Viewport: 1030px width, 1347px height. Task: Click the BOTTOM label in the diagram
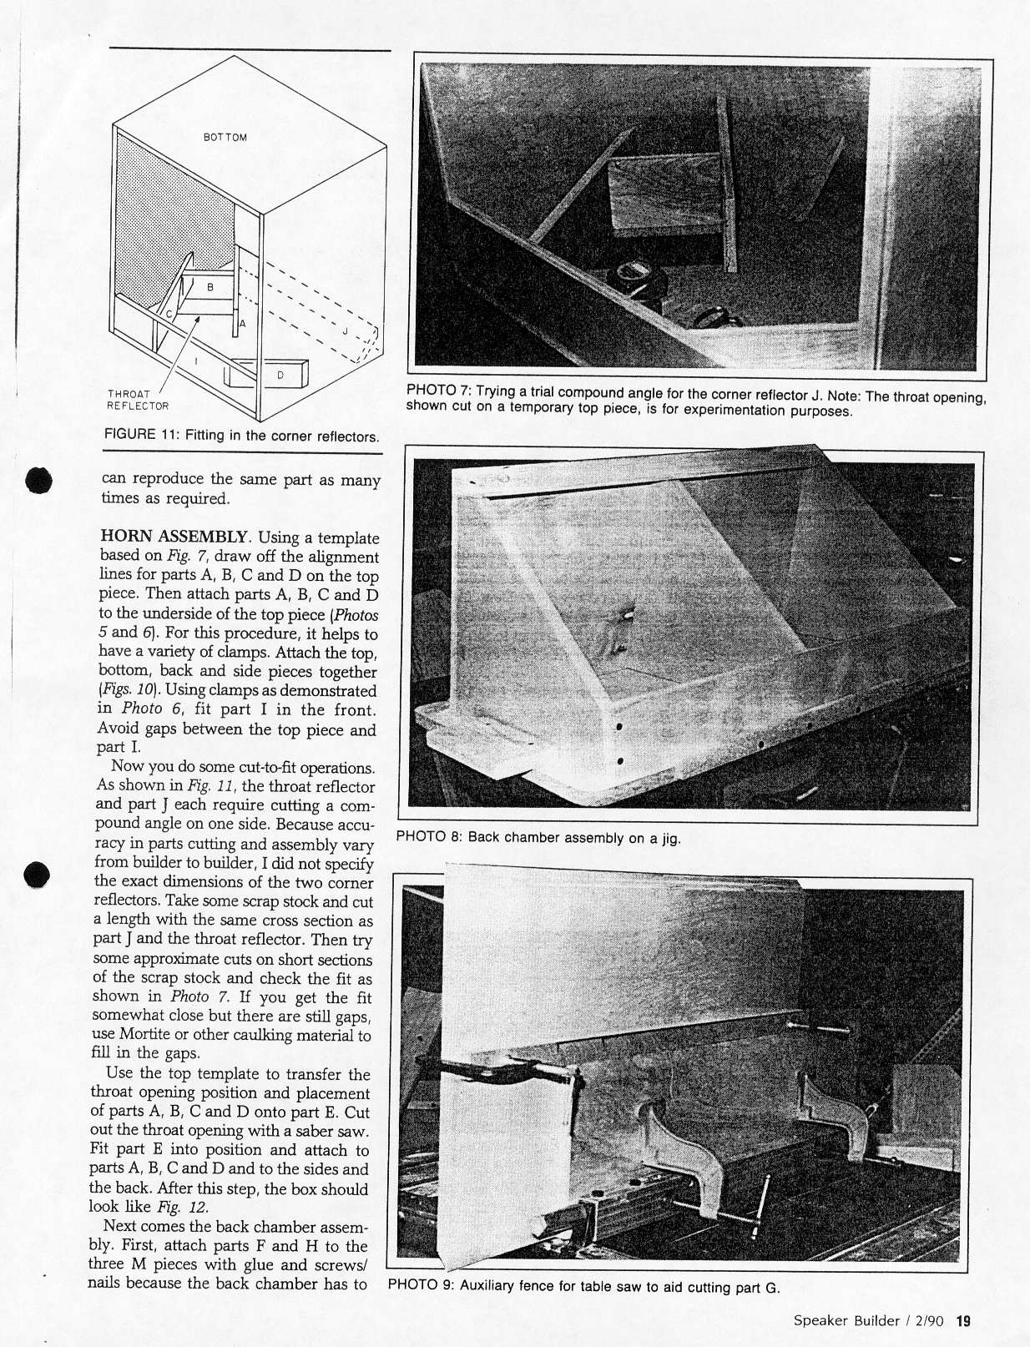pos(225,137)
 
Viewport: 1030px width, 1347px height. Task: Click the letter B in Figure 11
pos(210,287)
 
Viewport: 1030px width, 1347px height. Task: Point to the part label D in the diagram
pos(280,376)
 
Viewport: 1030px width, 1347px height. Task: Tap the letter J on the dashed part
pos(344,332)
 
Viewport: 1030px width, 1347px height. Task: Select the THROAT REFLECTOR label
pos(137,400)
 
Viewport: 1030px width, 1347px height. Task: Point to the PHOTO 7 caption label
pos(439,391)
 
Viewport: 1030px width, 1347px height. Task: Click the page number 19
pos(964,1321)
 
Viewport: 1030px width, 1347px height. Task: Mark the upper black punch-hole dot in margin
pos(39,482)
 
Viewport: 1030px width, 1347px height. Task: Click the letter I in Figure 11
pos(195,361)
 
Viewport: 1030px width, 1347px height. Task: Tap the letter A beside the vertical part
pos(243,323)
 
